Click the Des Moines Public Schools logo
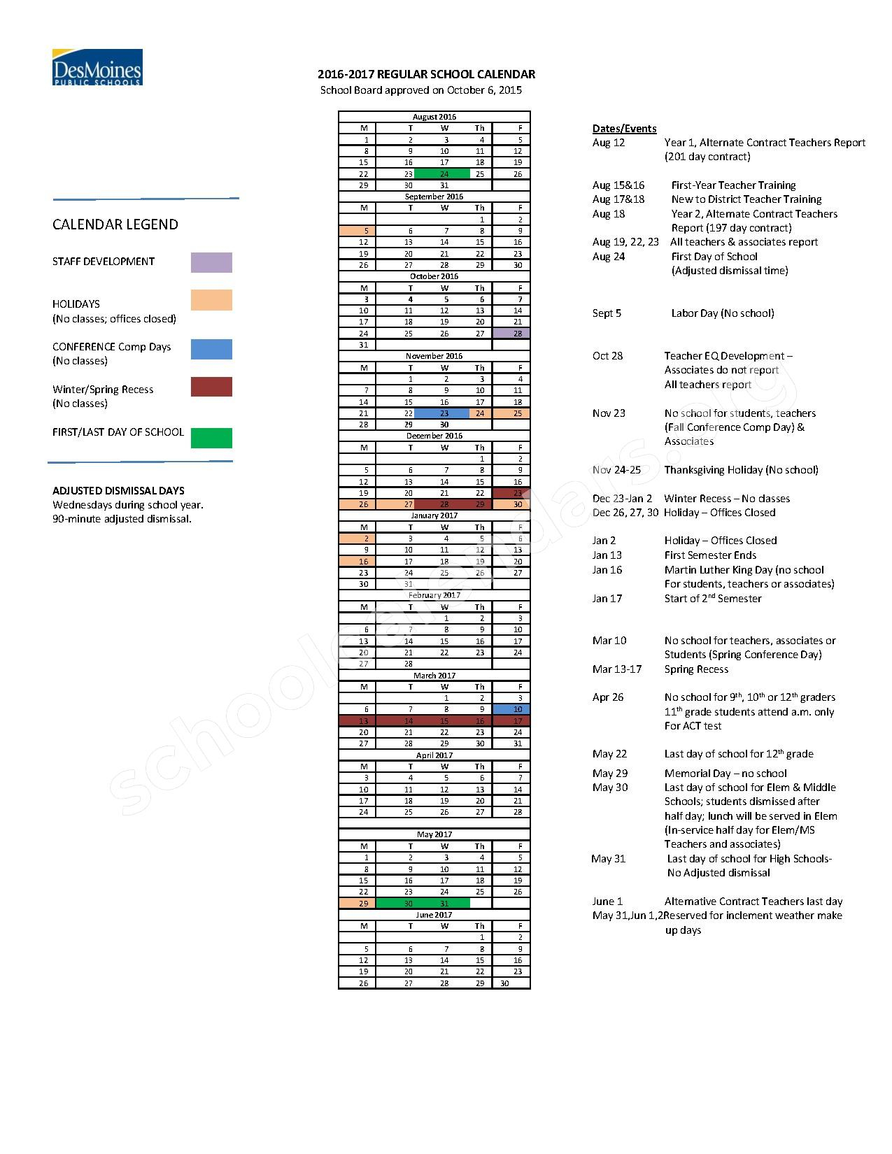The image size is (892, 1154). (97, 67)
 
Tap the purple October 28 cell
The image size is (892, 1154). (511, 334)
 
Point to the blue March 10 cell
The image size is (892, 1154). (511, 709)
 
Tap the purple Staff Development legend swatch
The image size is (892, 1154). (211, 263)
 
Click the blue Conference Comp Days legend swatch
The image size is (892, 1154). (211, 349)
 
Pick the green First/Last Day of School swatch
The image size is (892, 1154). (211, 438)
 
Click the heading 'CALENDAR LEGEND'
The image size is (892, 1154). (115, 225)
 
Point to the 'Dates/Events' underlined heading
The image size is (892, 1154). (624, 129)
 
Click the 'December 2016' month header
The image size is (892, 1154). (434, 436)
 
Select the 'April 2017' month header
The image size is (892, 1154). (434, 755)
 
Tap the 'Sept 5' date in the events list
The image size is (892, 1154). (607, 313)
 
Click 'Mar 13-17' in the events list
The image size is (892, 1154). (616, 669)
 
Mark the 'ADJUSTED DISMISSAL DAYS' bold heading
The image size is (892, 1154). (118, 491)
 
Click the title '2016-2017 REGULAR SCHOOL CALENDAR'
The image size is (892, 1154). (426, 74)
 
